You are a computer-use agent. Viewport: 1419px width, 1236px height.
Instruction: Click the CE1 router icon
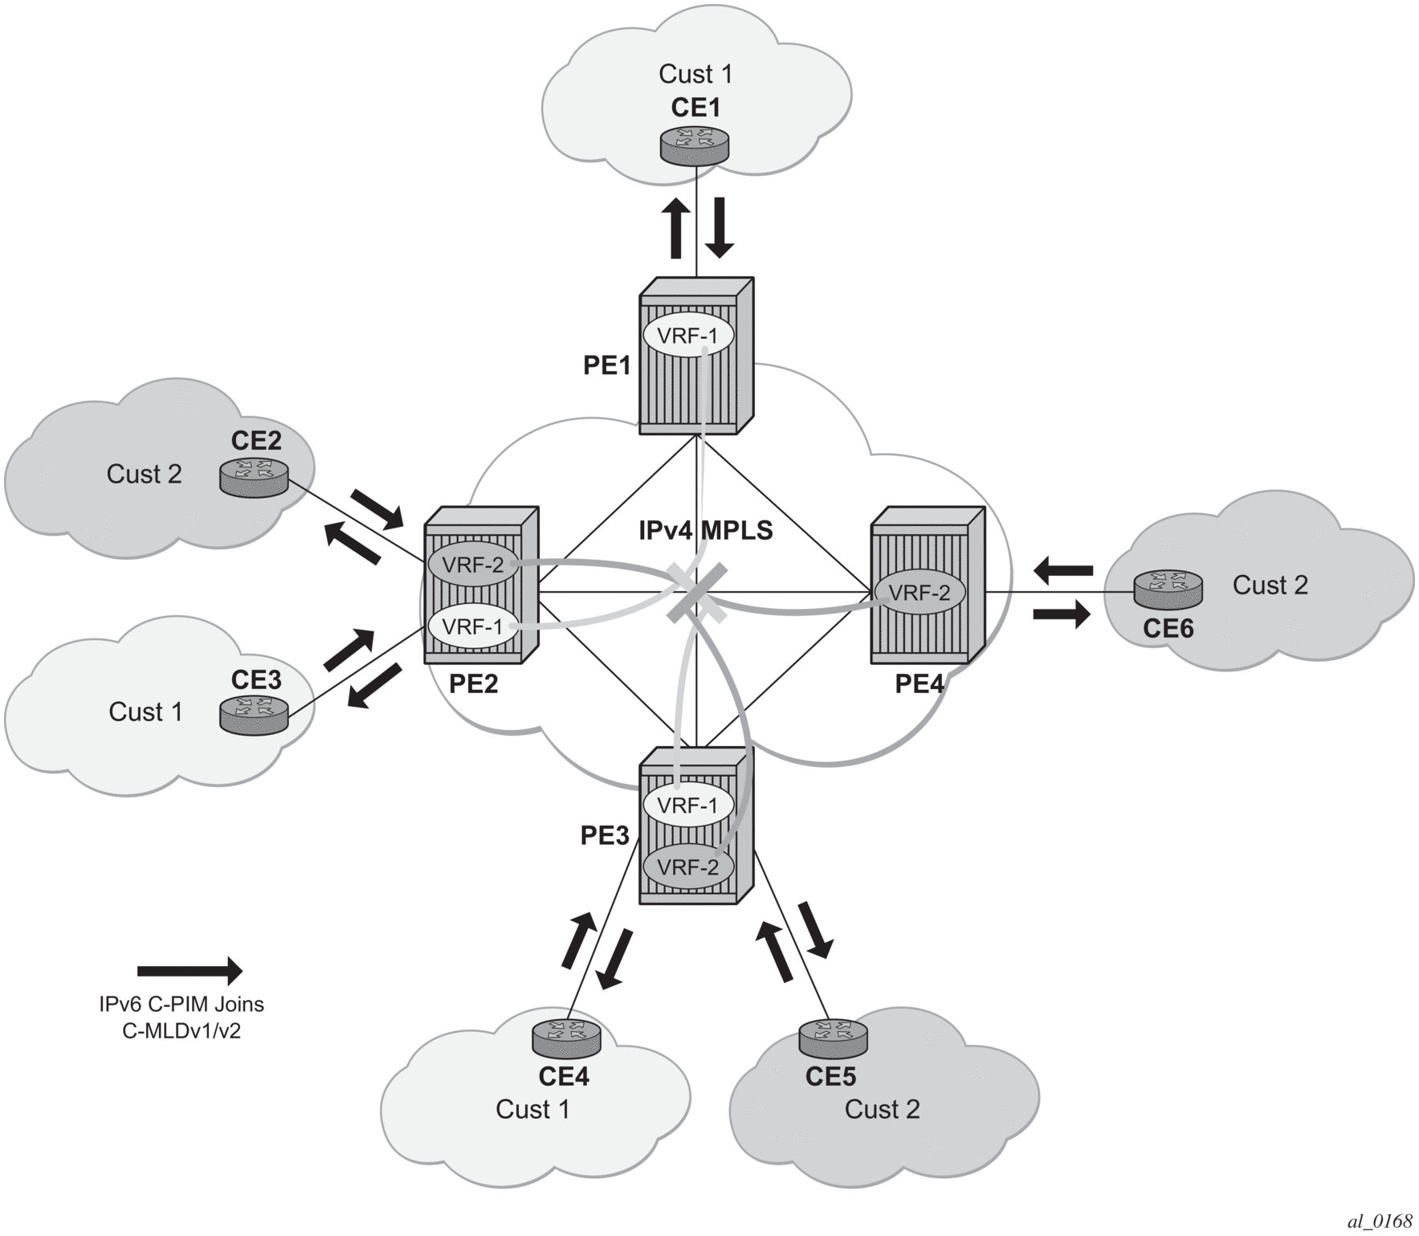(x=695, y=145)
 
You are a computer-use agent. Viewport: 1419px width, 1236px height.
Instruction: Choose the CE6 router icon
(x=1168, y=590)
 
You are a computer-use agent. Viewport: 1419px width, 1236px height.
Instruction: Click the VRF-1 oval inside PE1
(x=687, y=336)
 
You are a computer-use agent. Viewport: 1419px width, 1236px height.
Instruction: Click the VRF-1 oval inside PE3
(x=687, y=805)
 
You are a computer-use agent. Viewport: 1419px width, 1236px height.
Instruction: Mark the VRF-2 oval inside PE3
(x=687, y=867)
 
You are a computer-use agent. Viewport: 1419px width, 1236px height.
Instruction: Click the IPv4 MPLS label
(x=705, y=531)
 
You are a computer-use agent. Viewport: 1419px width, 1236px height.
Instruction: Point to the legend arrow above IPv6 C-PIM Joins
(x=190, y=971)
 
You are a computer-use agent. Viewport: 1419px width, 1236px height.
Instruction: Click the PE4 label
(x=919, y=684)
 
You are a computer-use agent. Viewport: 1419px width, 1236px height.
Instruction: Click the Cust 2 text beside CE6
(x=1270, y=585)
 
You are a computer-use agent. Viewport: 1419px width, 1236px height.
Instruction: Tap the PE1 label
(x=607, y=366)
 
